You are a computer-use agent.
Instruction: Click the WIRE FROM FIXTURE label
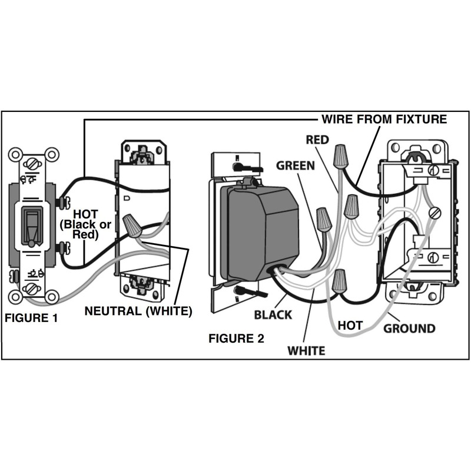pyautogui.click(x=384, y=120)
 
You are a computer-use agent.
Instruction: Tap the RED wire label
pyautogui.click(x=318, y=140)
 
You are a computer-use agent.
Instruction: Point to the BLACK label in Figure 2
pyautogui.click(x=273, y=315)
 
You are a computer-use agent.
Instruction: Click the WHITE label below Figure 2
pyautogui.click(x=306, y=351)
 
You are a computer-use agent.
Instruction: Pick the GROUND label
pyautogui.click(x=409, y=328)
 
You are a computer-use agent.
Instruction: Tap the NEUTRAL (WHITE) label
pyautogui.click(x=139, y=311)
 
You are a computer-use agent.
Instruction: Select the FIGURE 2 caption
pyautogui.click(x=237, y=339)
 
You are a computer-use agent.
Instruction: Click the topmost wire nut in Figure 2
pyautogui.click(x=340, y=156)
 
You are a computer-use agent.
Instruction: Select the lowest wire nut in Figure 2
pyautogui.click(x=339, y=282)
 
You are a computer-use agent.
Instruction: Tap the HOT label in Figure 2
pyautogui.click(x=350, y=325)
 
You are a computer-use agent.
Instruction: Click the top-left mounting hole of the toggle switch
pyautogui.click(x=14, y=154)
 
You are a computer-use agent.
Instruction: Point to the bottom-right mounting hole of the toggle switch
pyautogui.click(x=51, y=296)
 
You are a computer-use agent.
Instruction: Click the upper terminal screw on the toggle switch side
pyautogui.click(x=61, y=203)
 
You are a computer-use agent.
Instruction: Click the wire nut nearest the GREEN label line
pyautogui.click(x=324, y=220)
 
